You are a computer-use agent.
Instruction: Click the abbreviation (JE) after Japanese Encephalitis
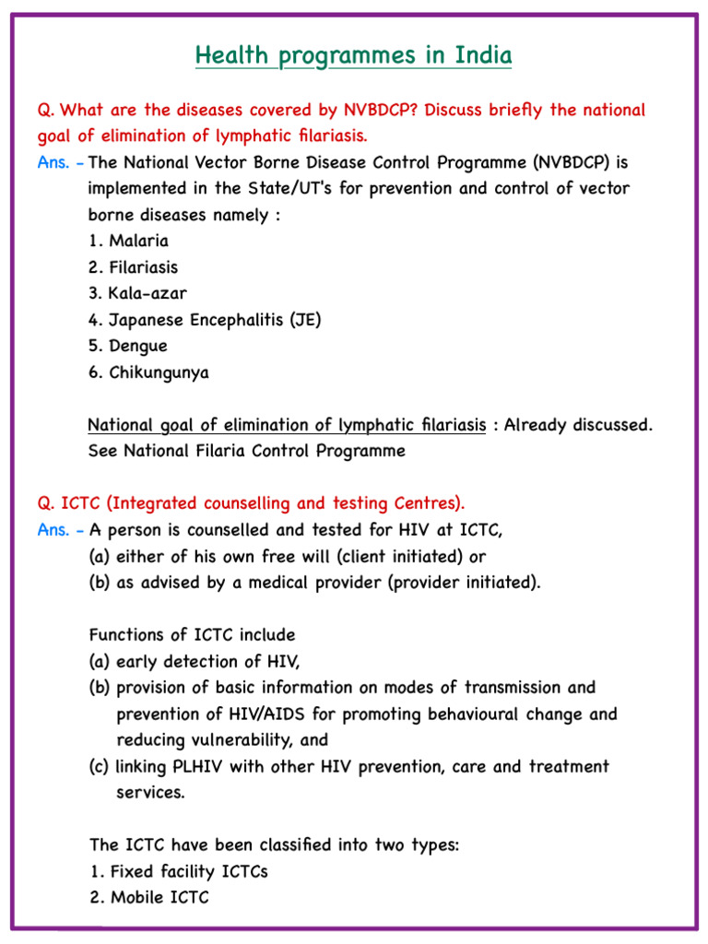tap(304, 320)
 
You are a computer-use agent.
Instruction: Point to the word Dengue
tap(138, 347)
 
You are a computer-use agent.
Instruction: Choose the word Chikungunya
tap(159, 372)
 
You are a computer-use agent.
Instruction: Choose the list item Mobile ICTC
tap(149, 897)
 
